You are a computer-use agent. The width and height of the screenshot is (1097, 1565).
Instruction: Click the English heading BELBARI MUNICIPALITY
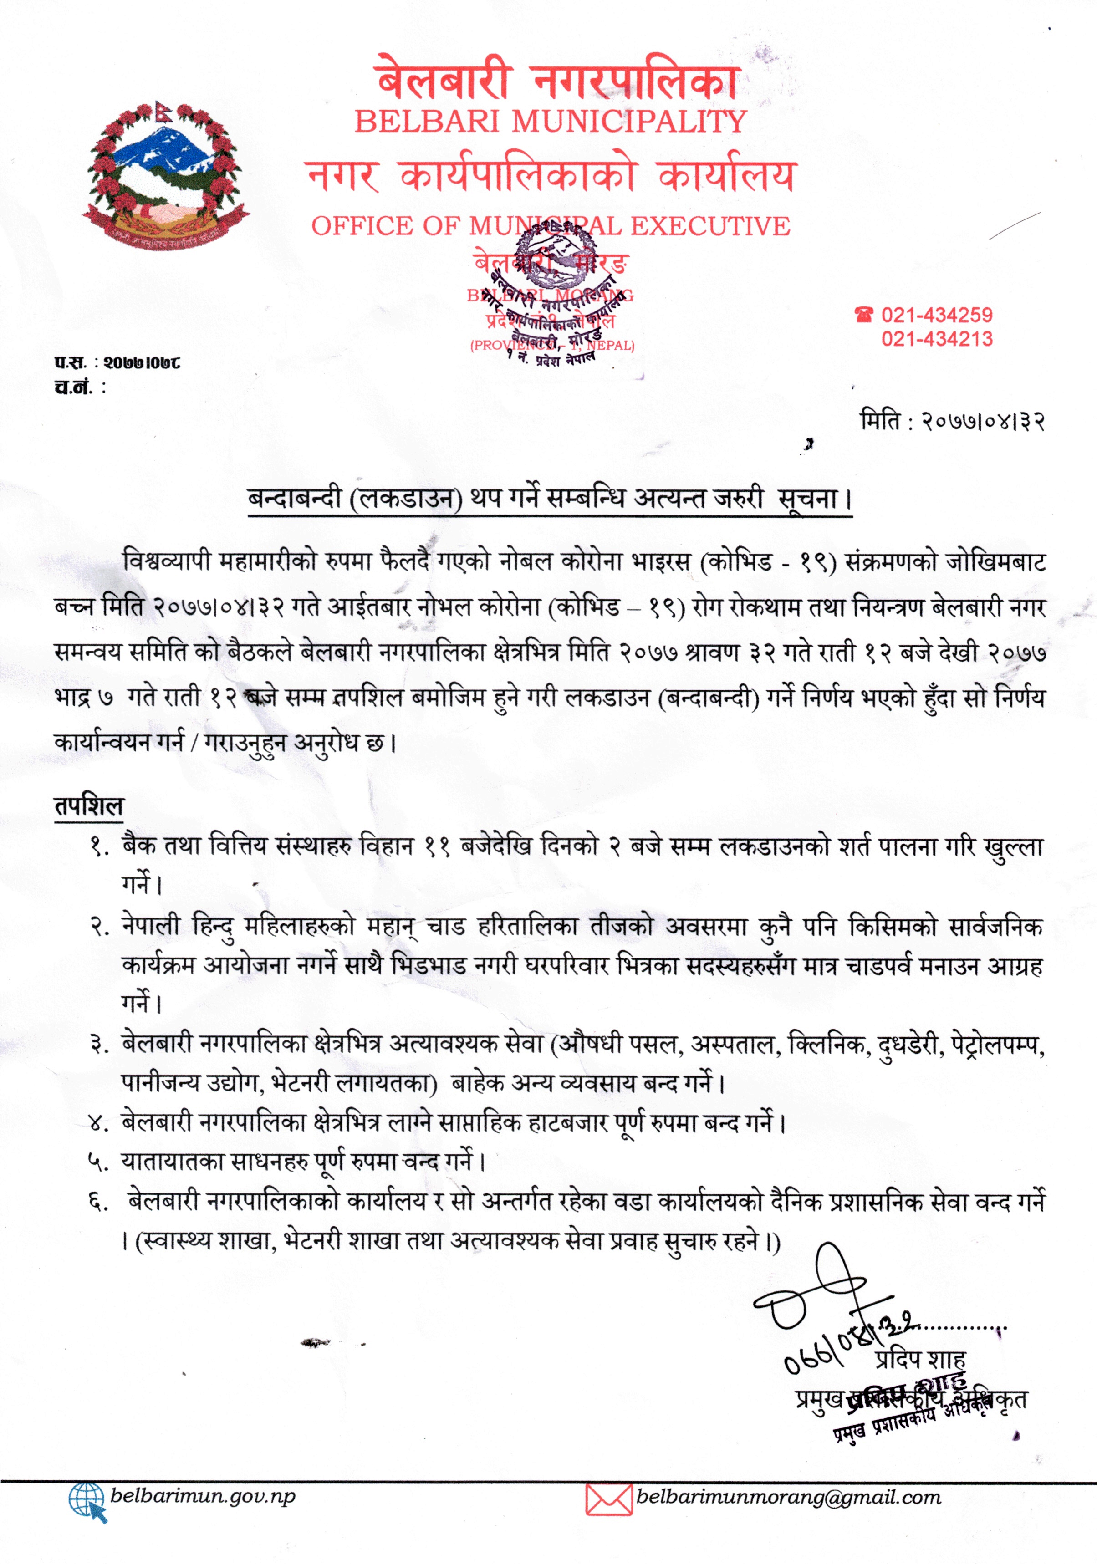(551, 121)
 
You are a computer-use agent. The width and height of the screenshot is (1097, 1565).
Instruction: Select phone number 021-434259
(937, 315)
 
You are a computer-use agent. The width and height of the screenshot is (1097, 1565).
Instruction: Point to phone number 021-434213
(937, 339)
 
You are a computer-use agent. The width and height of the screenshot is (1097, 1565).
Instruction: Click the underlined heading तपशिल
(89, 806)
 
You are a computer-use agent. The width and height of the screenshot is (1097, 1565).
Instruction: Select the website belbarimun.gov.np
(203, 1497)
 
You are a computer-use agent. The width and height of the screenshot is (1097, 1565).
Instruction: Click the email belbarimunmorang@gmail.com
(788, 1497)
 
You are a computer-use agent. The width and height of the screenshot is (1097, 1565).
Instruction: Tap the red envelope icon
(608, 1499)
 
